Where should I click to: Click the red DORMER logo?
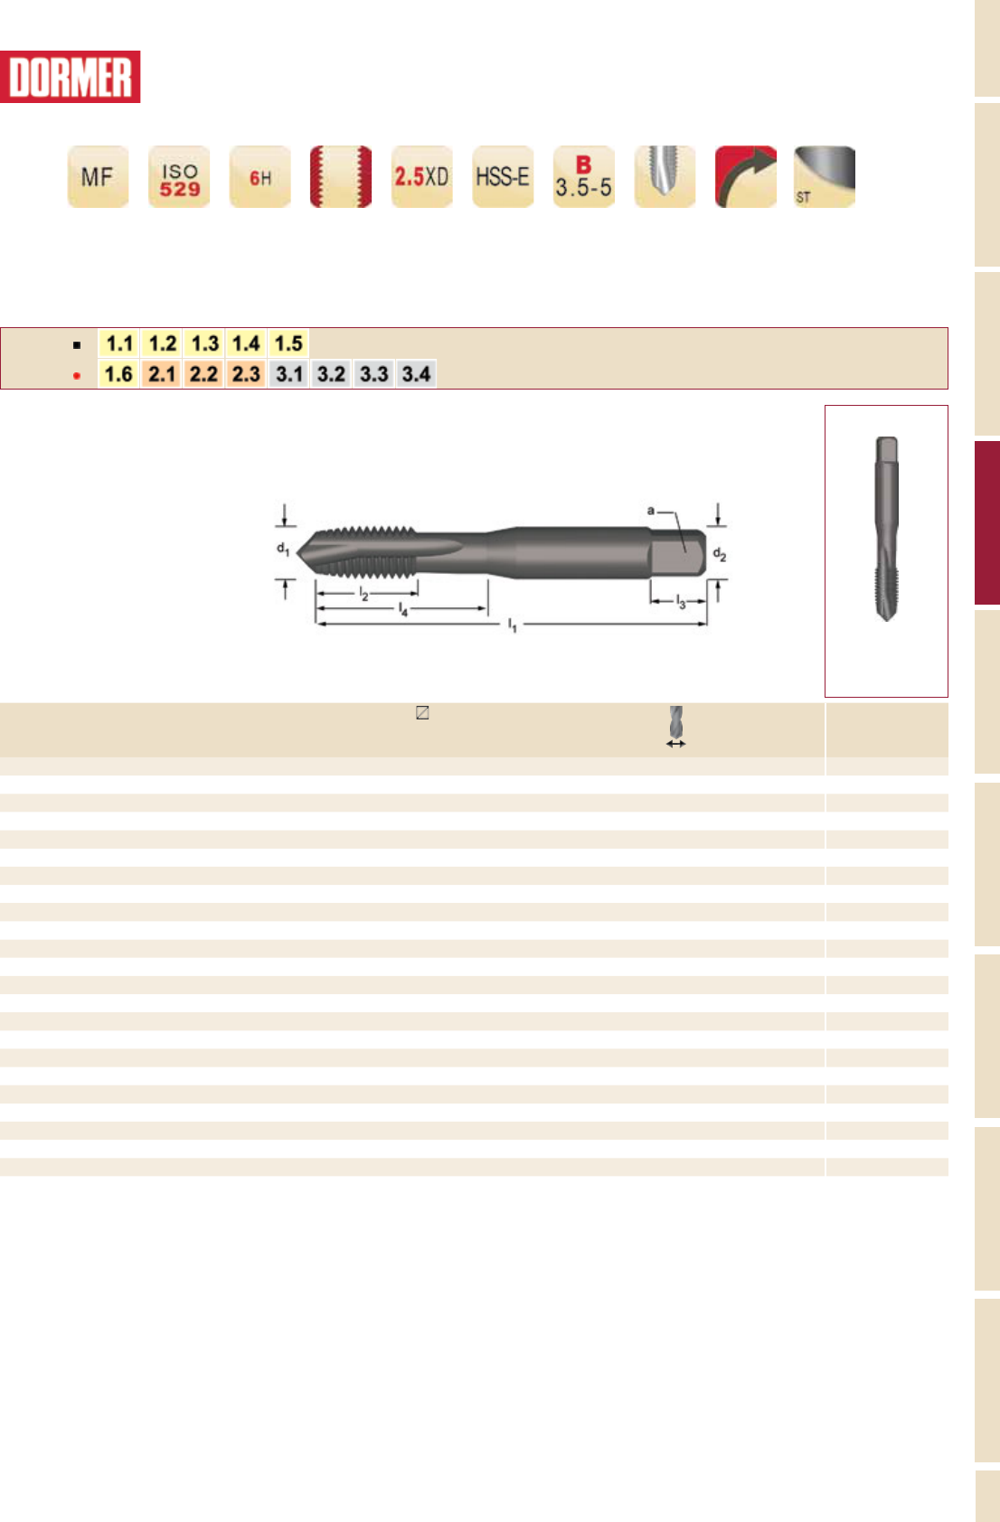coord(70,77)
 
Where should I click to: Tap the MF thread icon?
coord(98,176)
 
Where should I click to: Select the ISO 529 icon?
coord(179,176)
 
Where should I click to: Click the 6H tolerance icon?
coord(259,176)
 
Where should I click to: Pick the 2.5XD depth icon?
coord(421,176)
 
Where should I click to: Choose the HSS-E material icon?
coord(503,176)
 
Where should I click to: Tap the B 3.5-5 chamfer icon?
coord(583,176)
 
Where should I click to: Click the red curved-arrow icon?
coord(746,176)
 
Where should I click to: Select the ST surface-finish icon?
coord(825,176)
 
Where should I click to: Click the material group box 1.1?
coord(119,343)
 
